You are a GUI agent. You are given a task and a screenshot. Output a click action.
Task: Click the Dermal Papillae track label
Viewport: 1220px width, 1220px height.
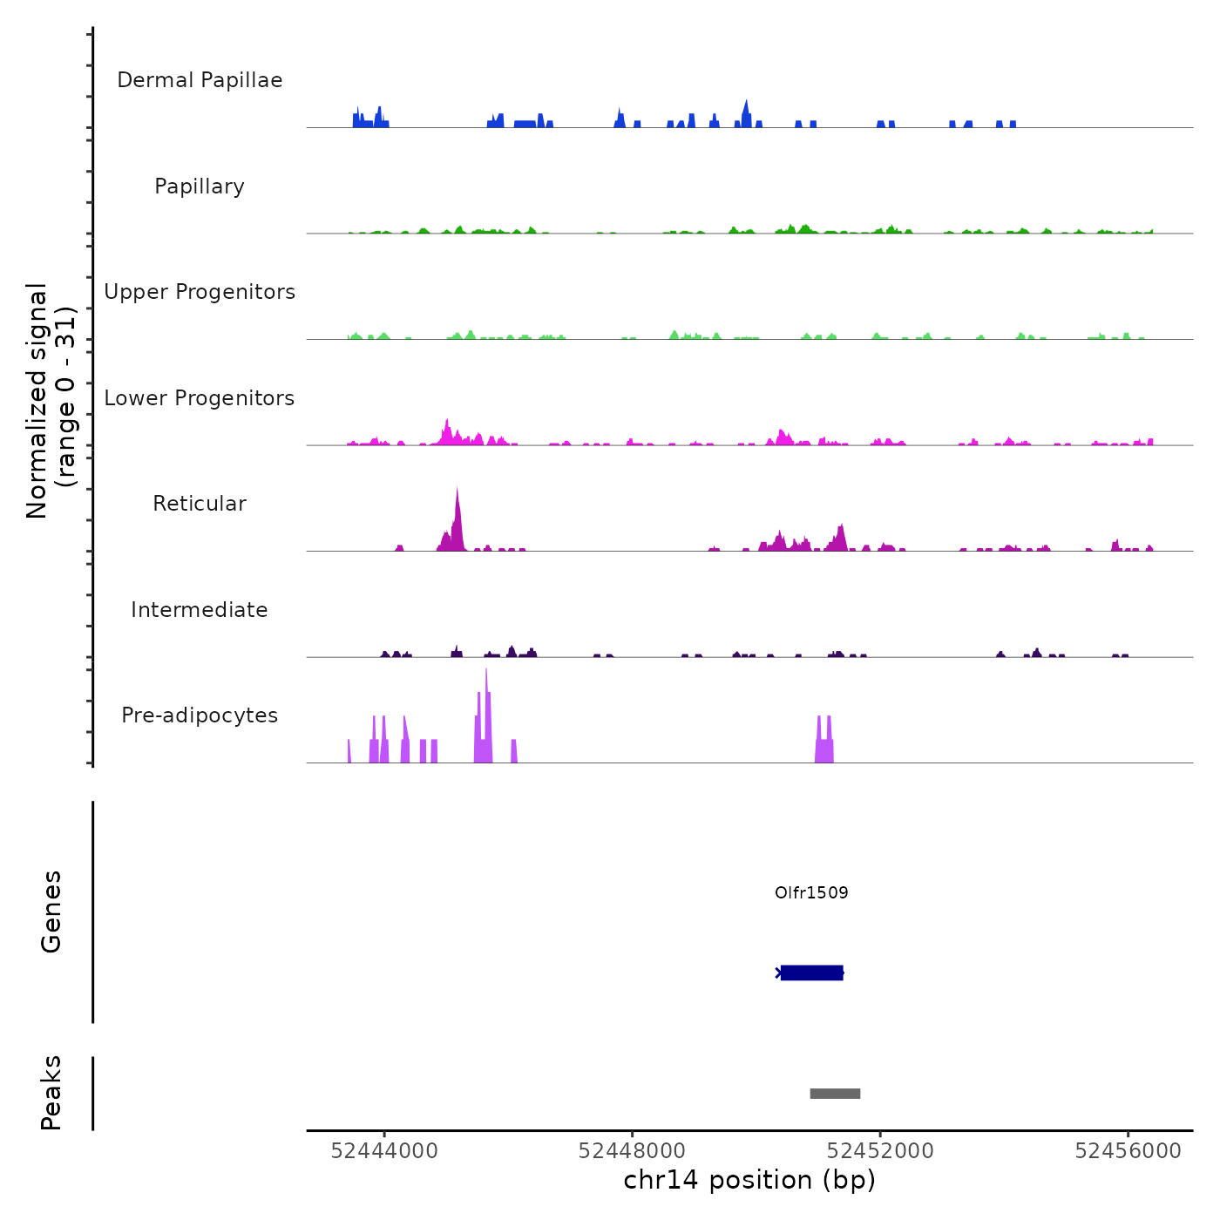pos(200,80)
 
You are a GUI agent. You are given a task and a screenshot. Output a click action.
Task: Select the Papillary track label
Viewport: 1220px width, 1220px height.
pos(200,186)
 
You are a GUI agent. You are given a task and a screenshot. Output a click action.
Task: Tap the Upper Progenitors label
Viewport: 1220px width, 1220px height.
pos(200,292)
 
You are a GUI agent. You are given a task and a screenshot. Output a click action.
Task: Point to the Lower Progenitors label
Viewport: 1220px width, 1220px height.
pos(200,398)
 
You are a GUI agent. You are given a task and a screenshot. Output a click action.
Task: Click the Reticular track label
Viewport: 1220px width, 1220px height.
pos(200,504)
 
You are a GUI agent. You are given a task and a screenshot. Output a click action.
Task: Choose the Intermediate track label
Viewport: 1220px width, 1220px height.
pos(200,610)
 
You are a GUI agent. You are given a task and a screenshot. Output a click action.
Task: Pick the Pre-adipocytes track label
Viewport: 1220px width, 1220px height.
pos(200,715)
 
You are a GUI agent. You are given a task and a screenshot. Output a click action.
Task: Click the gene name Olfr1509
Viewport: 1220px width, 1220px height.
pos(811,892)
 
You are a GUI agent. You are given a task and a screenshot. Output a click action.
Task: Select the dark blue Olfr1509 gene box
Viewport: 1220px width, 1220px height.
pos(811,973)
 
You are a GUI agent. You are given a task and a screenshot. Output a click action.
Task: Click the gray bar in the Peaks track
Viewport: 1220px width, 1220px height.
pos(835,1094)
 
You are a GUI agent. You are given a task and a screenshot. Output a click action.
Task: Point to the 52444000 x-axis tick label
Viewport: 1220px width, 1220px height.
pos(384,1151)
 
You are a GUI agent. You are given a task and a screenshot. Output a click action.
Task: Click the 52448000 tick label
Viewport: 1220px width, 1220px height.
pos(632,1151)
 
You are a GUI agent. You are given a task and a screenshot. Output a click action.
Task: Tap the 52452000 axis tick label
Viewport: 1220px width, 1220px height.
pos(880,1151)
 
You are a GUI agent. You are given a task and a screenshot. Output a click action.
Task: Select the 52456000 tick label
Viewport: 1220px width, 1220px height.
pos(1128,1151)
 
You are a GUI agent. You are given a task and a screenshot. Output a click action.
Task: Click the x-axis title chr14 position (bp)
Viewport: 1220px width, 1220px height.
pos(749,1180)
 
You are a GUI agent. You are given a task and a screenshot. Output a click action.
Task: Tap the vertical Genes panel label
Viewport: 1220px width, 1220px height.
pos(51,912)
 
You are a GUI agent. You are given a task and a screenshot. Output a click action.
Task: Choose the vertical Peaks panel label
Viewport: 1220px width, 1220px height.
pos(51,1093)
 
